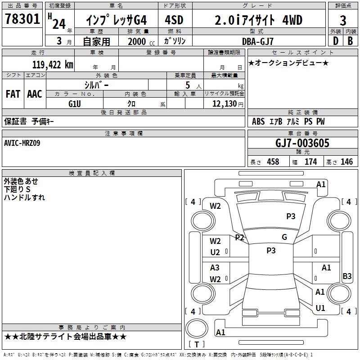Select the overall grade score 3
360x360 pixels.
click(343, 20)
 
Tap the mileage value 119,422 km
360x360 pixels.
click(53, 65)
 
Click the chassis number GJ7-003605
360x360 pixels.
click(302, 144)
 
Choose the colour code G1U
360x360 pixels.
click(75, 103)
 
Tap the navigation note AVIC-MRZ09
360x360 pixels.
click(22, 143)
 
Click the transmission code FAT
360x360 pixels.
click(13, 94)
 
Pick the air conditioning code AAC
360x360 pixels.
click(35, 94)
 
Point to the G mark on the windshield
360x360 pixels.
click(284, 237)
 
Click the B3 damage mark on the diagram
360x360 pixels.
click(347, 276)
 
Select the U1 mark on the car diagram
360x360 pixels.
click(320, 308)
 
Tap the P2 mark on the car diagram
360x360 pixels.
click(239, 238)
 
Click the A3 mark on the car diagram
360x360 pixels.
click(215, 267)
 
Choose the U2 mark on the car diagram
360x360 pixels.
click(215, 252)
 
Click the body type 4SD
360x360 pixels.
click(174, 20)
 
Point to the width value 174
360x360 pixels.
click(310, 162)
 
